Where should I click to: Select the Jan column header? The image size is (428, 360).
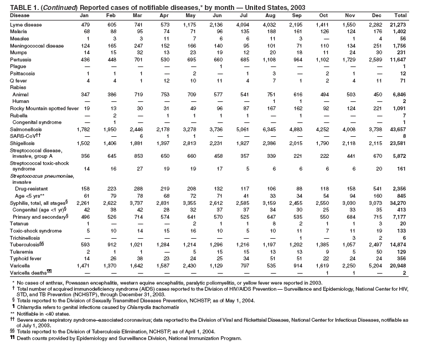tap(84, 16)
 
